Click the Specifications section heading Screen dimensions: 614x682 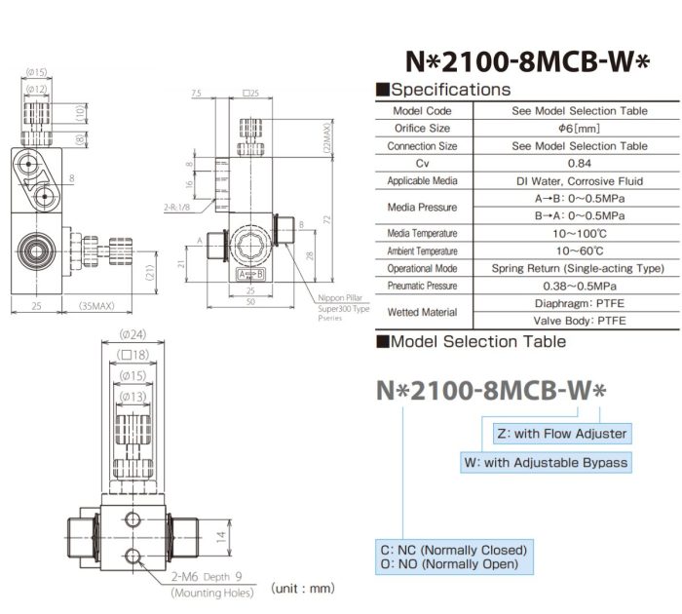449,90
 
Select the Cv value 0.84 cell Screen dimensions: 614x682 579,163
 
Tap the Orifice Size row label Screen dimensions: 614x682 422,128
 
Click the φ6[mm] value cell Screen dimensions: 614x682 579,128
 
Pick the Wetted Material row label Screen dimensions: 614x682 422,312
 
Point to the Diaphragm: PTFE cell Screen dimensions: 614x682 579,303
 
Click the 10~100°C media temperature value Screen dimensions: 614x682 579,233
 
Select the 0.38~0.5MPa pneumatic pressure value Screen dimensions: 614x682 579,287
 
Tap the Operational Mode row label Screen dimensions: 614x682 422,268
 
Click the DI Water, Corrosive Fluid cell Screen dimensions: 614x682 579,180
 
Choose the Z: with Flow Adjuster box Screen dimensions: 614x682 561,432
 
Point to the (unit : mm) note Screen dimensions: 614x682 304,588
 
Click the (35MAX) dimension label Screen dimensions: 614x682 95,305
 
